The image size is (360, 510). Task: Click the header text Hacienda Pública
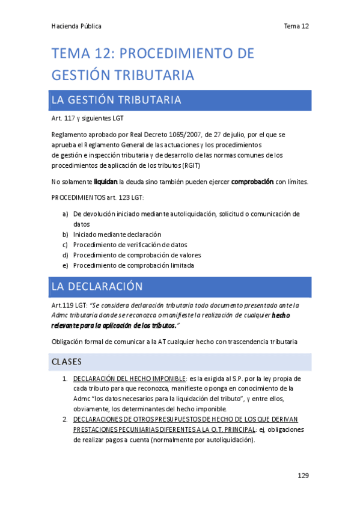click(76, 26)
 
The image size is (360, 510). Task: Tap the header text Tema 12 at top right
click(296, 26)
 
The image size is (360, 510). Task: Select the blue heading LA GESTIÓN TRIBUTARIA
click(117, 100)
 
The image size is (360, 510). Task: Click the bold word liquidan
click(106, 181)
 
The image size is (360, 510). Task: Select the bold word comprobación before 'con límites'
click(252, 181)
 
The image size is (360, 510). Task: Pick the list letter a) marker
click(65, 214)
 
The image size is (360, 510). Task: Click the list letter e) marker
click(65, 265)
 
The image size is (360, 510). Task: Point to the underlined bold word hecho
click(280, 315)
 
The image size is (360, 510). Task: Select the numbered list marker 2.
click(65, 419)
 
